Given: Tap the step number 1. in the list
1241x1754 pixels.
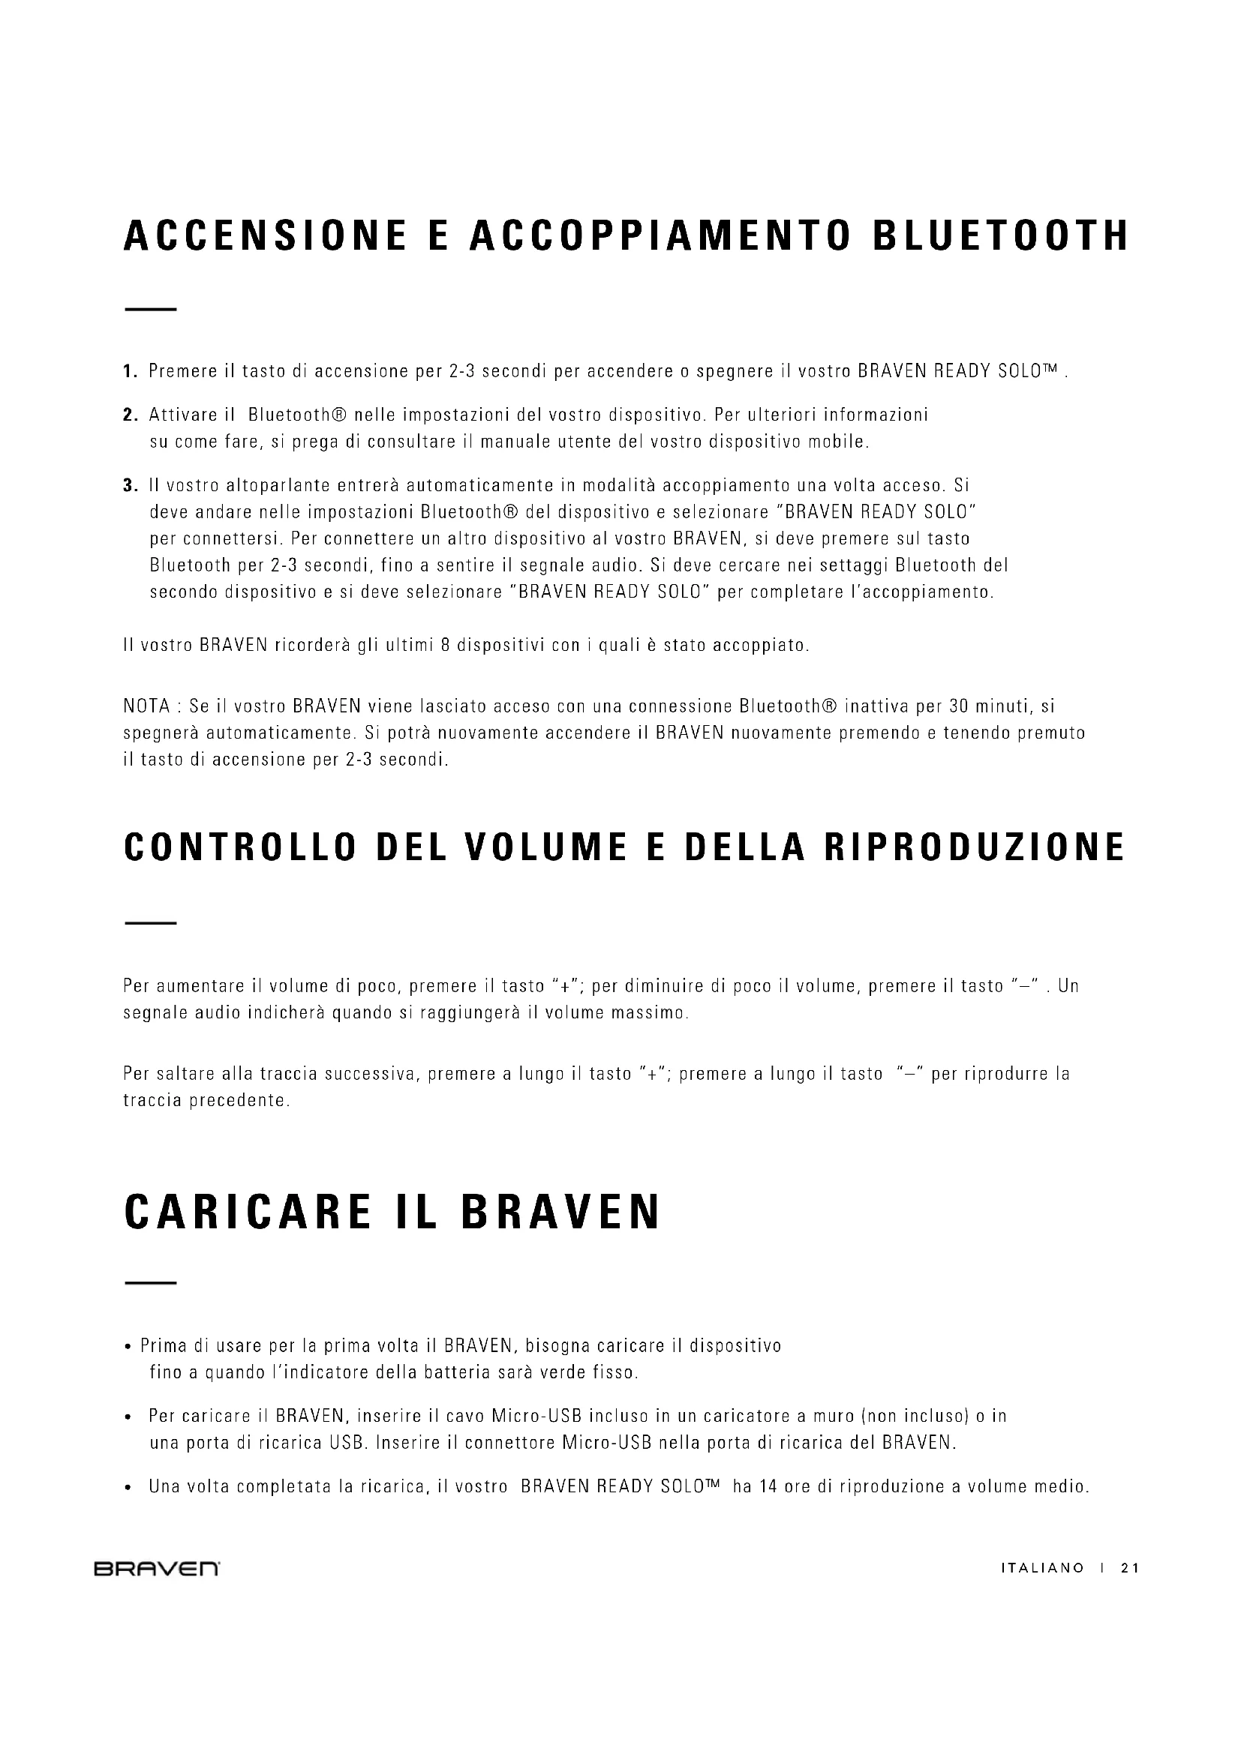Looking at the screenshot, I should pos(130,372).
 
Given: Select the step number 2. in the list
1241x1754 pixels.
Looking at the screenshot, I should pos(130,415).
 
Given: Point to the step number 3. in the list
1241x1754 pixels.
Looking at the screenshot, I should pos(130,485).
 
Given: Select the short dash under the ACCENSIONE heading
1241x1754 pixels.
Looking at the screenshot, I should pos(151,310).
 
